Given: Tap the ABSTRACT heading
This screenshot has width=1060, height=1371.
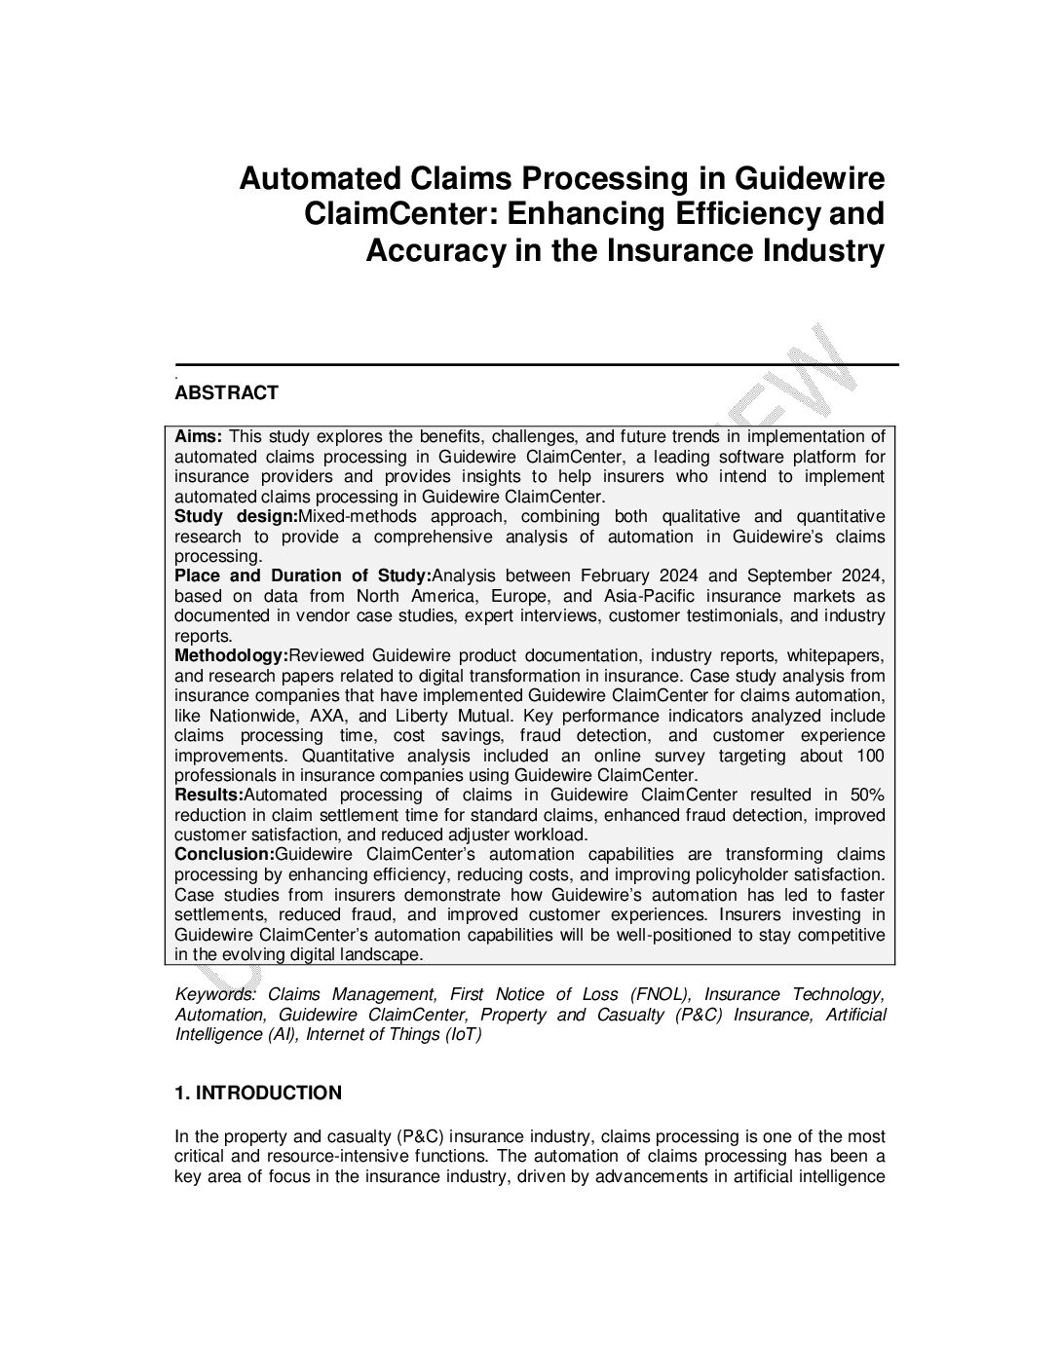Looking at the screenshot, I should [x=226, y=392].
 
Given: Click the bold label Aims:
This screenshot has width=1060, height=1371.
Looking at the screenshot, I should [x=199, y=436].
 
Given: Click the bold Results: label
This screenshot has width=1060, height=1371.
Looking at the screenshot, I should [x=208, y=795].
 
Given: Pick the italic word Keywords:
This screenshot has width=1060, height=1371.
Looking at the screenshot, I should [x=214, y=994].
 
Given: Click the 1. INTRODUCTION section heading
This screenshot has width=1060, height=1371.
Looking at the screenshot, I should [x=258, y=1093].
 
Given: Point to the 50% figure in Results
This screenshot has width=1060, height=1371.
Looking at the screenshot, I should [x=867, y=795].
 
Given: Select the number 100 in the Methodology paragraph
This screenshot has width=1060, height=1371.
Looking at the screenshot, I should [x=870, y=756].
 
